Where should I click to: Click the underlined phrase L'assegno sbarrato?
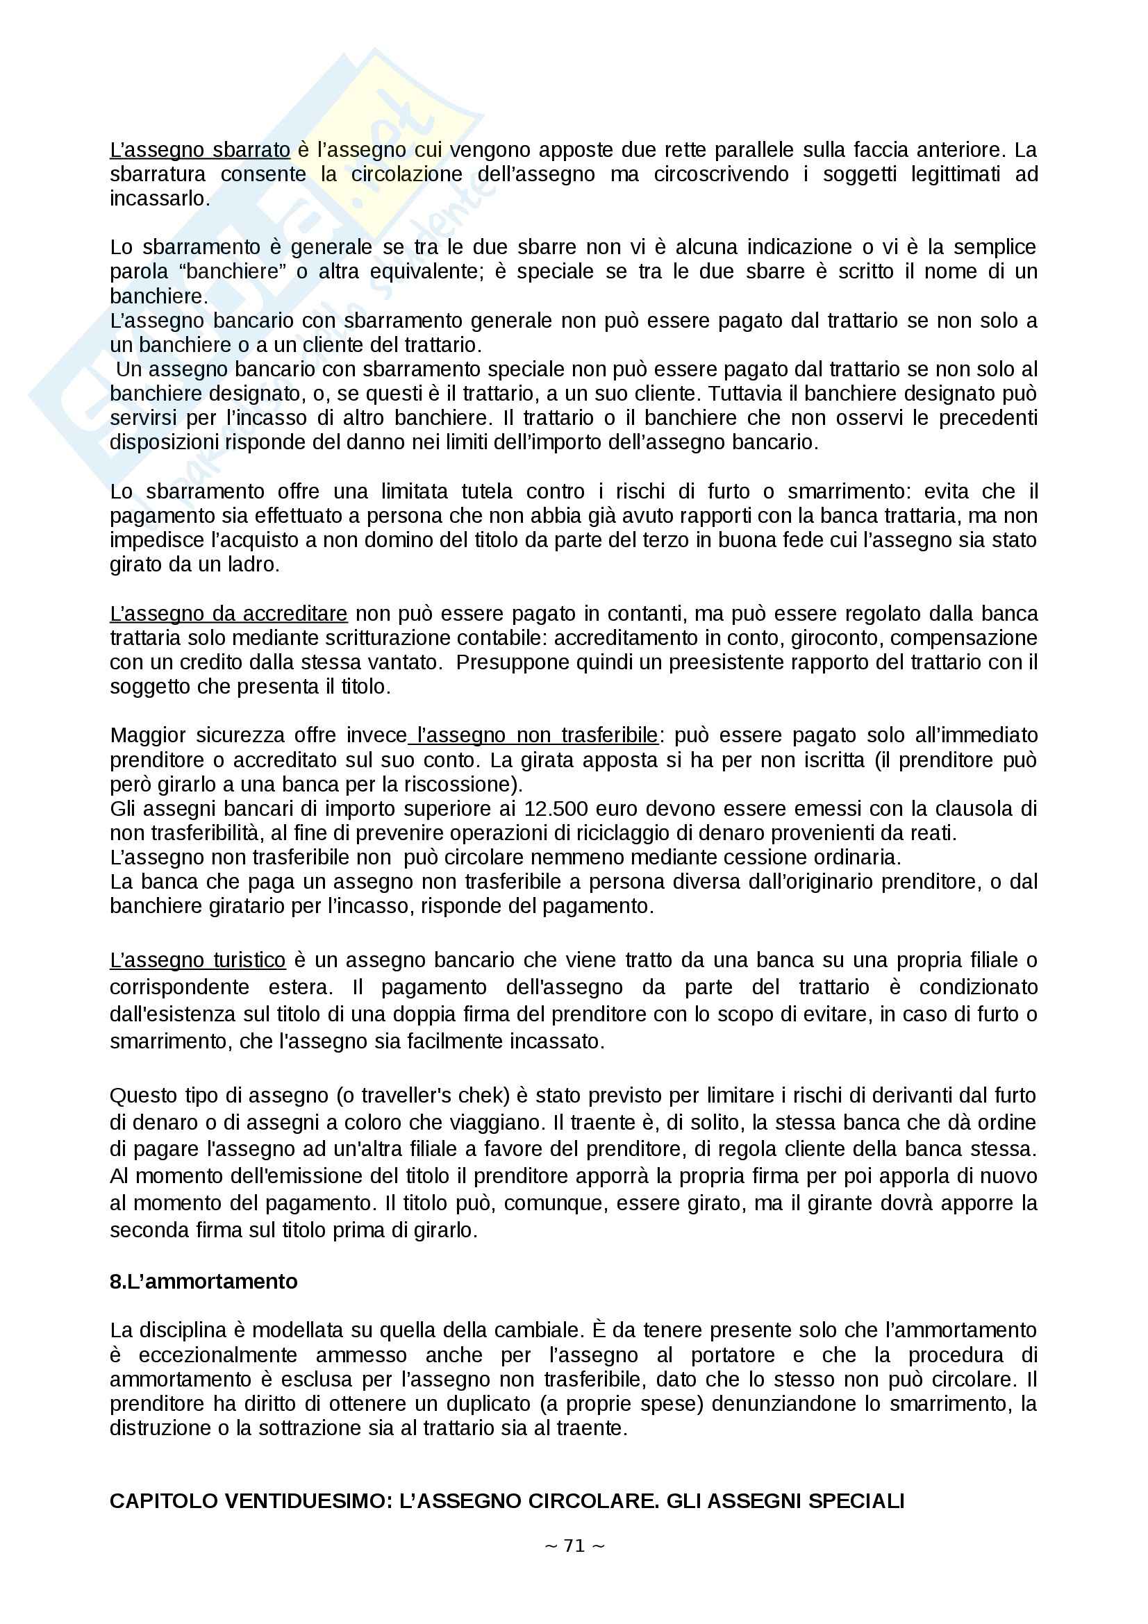coord(199,150)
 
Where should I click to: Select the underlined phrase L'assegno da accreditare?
coord(228,613)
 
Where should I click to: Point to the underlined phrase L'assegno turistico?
coord(197,960)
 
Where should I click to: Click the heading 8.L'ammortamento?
coord(203,1282)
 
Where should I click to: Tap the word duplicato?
coord(491,1404)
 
